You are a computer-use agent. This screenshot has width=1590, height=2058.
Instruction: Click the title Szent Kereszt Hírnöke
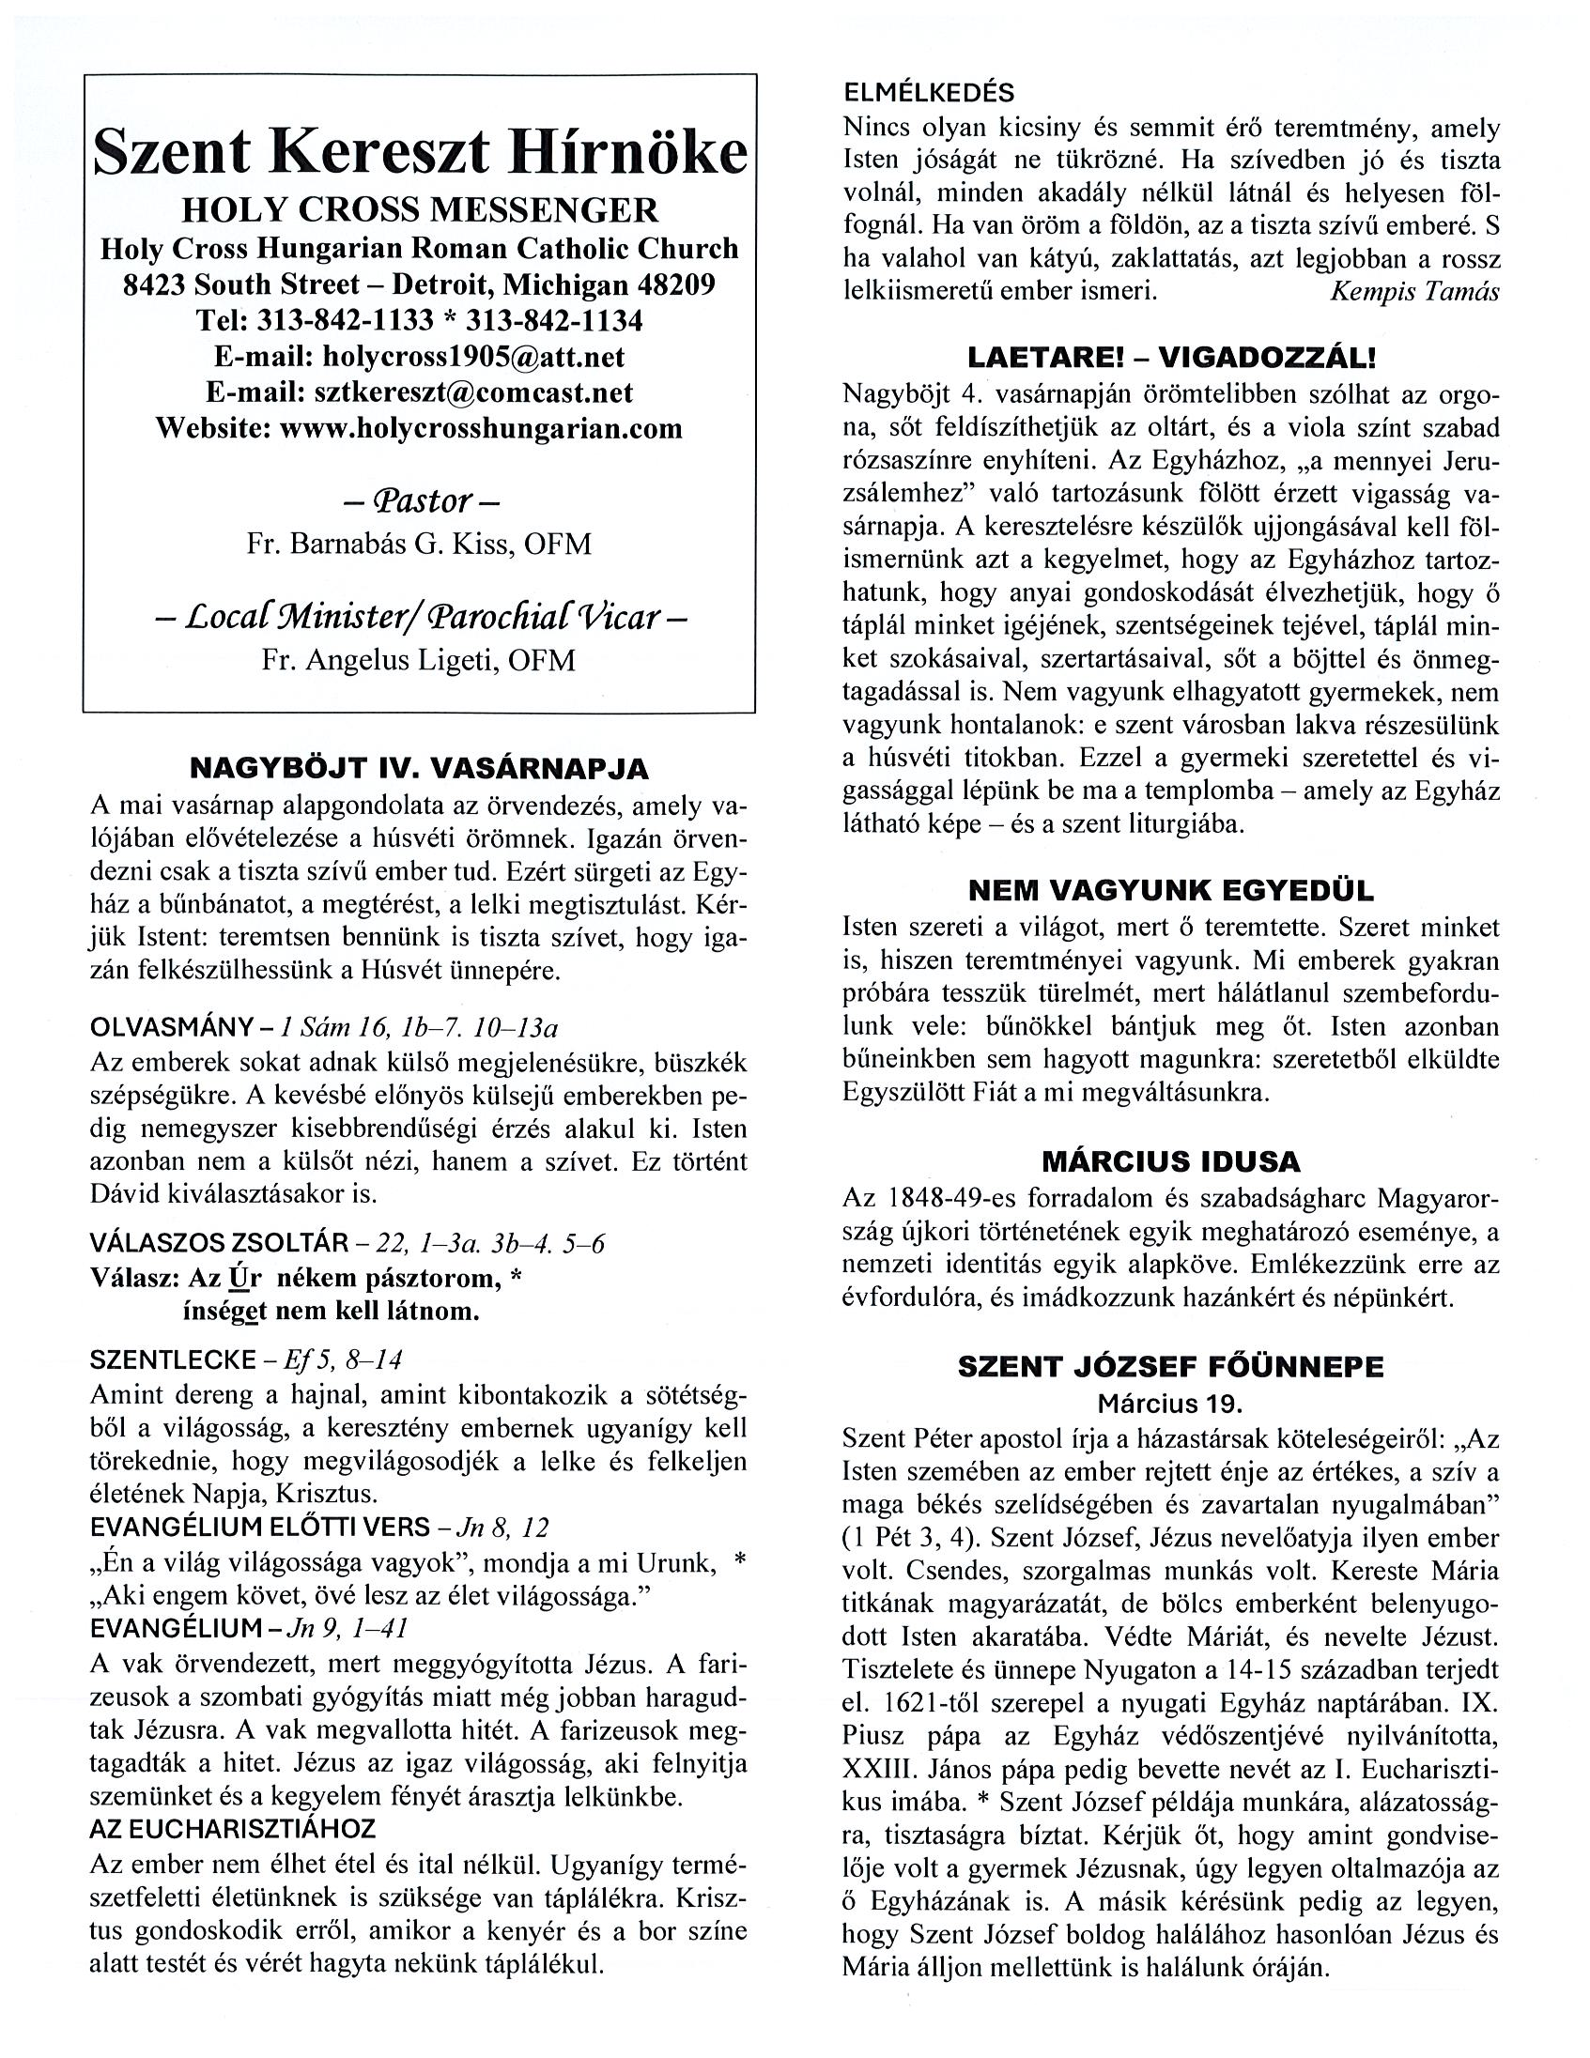coord(420,154)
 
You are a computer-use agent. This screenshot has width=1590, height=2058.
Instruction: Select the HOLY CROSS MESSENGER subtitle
coord(420,209)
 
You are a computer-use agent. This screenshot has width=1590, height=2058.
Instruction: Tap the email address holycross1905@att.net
coord(473,357)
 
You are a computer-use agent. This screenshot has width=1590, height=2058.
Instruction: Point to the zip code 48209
coord(675,284)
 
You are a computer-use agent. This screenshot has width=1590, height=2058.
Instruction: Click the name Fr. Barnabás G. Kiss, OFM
coord(420,545)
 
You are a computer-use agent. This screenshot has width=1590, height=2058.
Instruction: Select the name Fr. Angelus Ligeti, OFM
coord(420,660)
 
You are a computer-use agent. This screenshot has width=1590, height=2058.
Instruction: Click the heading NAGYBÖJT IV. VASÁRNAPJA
coord(420,769)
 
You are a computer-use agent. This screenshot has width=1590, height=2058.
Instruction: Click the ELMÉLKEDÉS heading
coord(930,93)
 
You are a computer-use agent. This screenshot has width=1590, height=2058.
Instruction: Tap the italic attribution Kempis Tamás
coord(1413,291)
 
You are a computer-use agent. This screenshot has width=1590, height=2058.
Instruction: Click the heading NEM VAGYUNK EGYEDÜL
coord(1171,890)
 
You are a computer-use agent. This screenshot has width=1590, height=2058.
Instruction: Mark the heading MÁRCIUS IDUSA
coord(1171,1161)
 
